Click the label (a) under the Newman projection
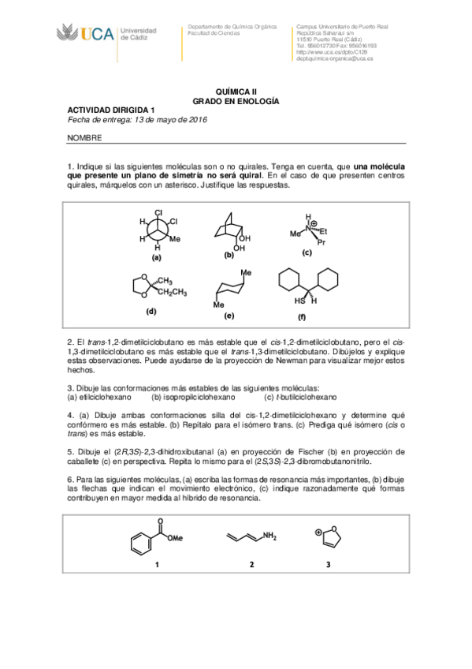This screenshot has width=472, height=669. coord(157,257)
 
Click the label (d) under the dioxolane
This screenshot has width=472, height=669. coord(151,310)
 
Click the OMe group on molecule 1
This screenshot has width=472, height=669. coord(177,539)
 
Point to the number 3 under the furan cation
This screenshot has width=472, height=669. coord(328,564)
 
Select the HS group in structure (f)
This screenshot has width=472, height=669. coord(299,300)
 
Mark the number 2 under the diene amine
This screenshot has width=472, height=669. coord(251,564)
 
